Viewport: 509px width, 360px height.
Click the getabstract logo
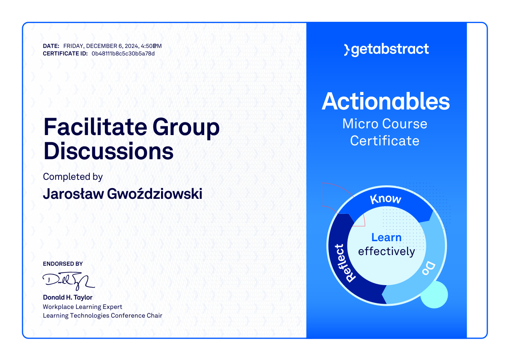point(386,50)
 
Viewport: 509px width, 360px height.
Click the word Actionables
point(386,101)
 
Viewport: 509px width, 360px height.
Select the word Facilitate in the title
point(95,126)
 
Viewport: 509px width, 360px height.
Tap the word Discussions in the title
point(108,151)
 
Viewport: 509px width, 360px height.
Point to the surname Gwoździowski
point(154,194)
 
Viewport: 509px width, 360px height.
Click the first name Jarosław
point(73,194)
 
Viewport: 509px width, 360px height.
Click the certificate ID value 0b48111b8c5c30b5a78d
point(123,54)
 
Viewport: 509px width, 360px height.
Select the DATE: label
point(51,46)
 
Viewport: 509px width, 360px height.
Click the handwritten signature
point(68,281)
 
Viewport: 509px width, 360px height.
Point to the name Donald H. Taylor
point(68,297)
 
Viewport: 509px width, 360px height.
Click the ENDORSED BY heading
point(63,264)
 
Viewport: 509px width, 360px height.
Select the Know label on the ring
point(386,199)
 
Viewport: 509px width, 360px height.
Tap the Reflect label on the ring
point(345,263)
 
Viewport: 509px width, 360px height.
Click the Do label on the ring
point(429,269)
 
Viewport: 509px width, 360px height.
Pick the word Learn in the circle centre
point(386,237)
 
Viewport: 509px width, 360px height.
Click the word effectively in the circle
point(386,251)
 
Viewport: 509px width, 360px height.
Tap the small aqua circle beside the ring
point(434,295)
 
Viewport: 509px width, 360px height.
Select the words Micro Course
point(385,124)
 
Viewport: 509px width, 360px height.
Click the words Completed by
point(73,177)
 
